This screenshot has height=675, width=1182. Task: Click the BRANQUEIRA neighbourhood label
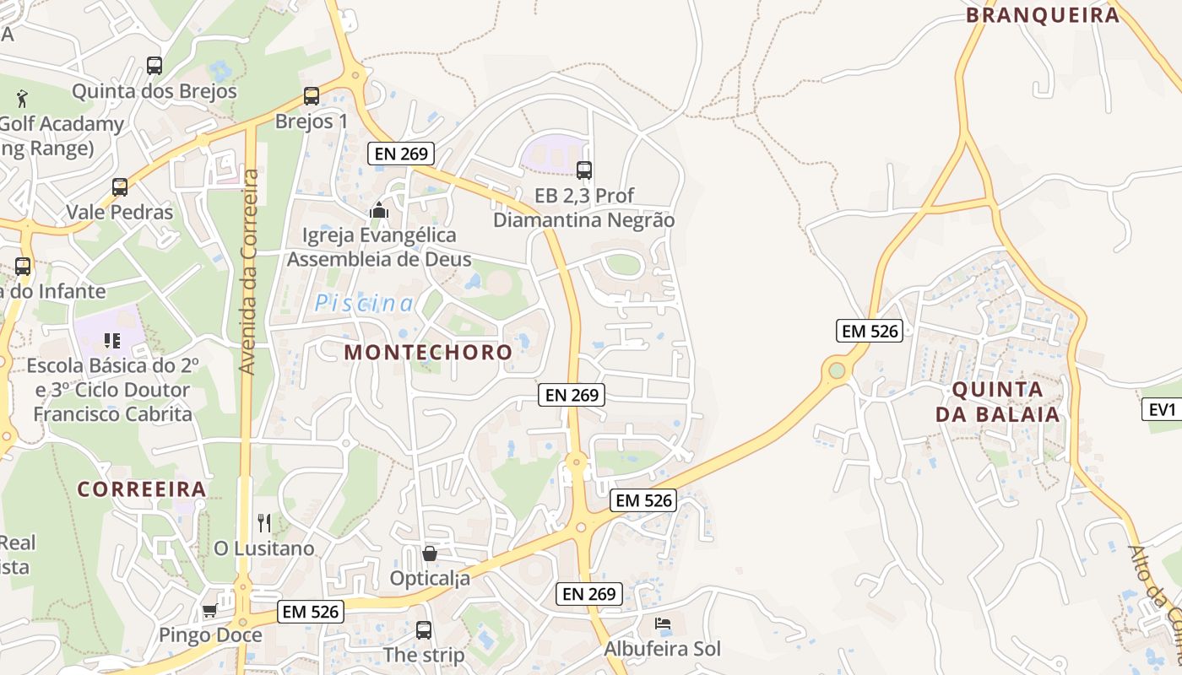coord(1042,14)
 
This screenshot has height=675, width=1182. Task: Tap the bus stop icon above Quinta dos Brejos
coord(154,65)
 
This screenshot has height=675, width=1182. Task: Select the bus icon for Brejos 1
coord(312,95)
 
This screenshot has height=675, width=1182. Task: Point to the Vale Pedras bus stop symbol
coord(120,186)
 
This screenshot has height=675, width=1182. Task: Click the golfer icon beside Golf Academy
coord(22,98)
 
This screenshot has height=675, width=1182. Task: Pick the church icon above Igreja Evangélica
coord(379,209)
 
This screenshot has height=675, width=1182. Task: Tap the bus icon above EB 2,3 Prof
coord(583,170)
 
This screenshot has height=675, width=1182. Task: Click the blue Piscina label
coord(365,304)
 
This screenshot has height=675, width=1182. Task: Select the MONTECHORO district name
coord(428,352)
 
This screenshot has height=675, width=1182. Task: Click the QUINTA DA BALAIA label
coord(997,402)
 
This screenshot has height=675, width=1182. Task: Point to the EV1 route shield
coord(1163,409)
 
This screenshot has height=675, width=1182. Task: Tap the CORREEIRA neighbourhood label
coord(142,489)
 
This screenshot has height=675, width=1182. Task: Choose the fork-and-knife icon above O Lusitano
coord(264,523)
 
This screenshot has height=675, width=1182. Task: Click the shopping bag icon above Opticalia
coord(430,553)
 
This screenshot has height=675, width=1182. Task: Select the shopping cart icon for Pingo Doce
coord(209,610)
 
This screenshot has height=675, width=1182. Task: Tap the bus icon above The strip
coord(424,629)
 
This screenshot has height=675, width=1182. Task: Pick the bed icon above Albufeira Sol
coord(663,624)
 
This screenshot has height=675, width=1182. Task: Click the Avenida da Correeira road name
coord(247,272)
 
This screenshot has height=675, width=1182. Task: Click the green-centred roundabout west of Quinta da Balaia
coord(837,370)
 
